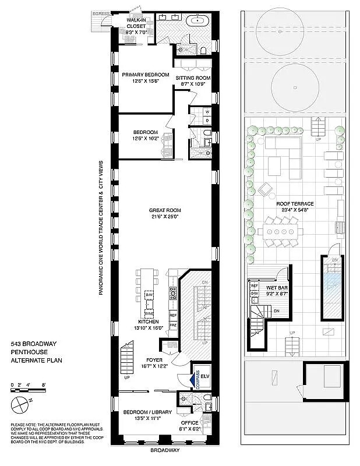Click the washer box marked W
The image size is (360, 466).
click(x=207, y=111)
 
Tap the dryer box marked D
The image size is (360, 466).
click(x=207, y=121)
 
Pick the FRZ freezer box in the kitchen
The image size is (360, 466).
click(x=173, y=324)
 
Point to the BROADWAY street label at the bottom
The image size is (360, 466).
click(x=165, y=450)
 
